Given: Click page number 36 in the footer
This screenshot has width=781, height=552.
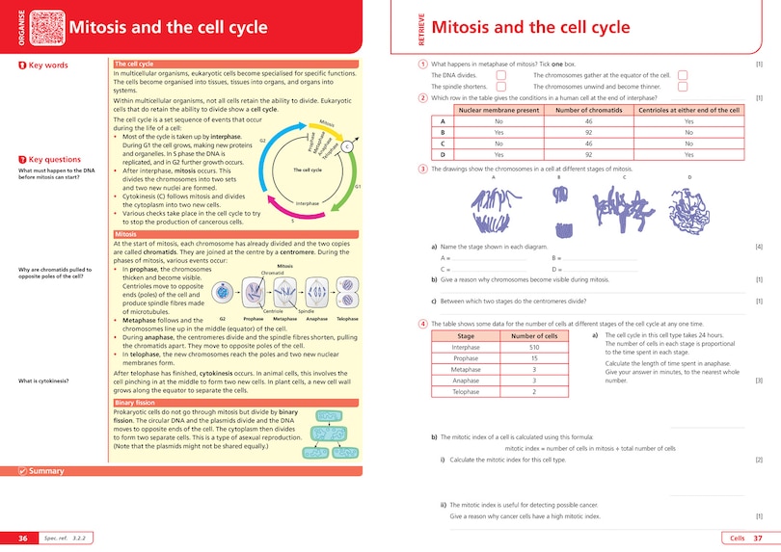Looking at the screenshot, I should (22, 537).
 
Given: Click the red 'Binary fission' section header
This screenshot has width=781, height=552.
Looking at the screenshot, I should (134, 404).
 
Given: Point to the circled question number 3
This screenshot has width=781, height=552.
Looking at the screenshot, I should (422, 170).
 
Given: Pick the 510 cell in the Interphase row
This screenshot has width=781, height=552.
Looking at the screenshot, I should (533, 347).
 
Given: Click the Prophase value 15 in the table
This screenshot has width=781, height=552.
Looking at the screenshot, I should (533, 358).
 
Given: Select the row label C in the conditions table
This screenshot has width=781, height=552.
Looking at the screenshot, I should (443, 143).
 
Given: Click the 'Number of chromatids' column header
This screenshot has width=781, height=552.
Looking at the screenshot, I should (586, 111).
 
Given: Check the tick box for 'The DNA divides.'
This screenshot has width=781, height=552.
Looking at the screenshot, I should (500, 74).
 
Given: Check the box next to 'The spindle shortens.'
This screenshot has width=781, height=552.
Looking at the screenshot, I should (500, 86).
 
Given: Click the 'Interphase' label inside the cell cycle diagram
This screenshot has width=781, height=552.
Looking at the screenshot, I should (308, 203).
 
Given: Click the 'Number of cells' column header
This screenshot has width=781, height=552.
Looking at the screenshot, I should (533, 335).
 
